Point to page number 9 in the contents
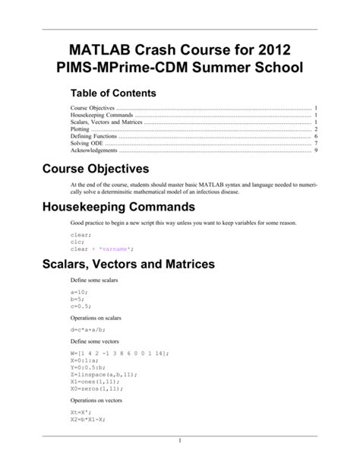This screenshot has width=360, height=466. click(314, 151)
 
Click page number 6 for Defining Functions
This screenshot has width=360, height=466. click(314, 137)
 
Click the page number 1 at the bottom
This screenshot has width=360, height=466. click(180, 441)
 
